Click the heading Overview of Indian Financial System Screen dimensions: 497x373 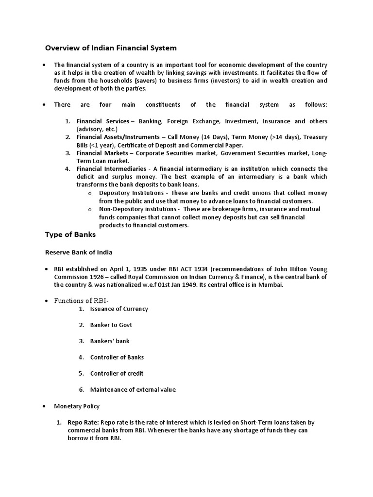(111, 48)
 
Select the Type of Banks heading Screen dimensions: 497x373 (70, 234)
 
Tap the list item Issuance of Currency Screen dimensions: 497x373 (119, 309)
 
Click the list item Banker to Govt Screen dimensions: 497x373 (111, 325)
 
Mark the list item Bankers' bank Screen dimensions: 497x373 (110, 341)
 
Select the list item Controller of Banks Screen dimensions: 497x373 (117, 357)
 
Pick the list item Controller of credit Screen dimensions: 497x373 (117, 373)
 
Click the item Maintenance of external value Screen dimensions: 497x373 (133, 389)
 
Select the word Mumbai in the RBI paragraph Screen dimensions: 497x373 (270, 285)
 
